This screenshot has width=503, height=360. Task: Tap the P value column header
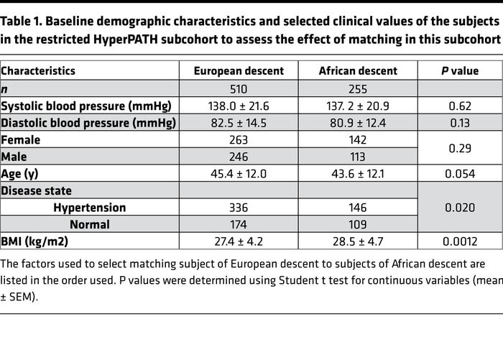(459, 70)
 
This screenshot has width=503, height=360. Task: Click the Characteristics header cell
(38, 70)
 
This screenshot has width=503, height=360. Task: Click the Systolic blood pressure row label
(86, 106)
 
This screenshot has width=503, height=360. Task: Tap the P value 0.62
(459, 106)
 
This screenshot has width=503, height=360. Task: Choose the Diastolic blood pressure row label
(88, 123)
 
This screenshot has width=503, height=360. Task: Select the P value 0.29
(459, 148)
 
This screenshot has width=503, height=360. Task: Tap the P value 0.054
(459, 174)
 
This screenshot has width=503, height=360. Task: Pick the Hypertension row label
(89, 208)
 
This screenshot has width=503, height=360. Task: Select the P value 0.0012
(459, 241)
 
